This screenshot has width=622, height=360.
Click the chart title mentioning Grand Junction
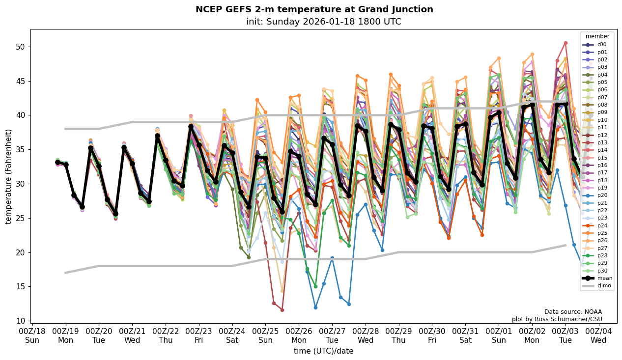314,9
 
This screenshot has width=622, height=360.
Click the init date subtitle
323,22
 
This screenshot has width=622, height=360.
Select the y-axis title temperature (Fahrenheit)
9,176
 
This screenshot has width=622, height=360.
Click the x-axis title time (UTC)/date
323,351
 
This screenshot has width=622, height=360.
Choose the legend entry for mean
603,278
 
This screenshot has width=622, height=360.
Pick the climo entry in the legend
604,285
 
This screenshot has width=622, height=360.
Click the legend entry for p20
602,195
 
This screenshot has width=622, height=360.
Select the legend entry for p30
602,271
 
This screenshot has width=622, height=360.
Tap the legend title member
597,36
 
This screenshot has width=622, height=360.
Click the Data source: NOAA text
573,312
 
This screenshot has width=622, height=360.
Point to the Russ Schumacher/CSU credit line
557,319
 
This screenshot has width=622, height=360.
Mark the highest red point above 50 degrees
565,43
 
